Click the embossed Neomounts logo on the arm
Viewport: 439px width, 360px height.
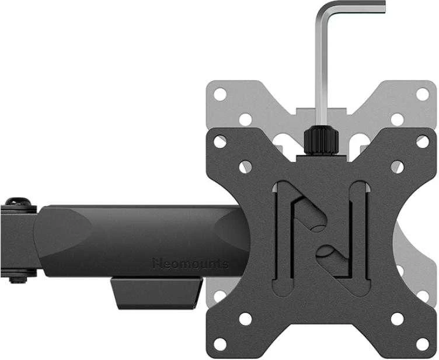click(x=191, y=264)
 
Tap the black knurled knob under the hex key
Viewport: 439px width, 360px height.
click(x=322, y=140)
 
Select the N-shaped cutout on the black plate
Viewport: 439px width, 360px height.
click(x=322, y=238)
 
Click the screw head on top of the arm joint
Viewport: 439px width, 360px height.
click(x=19, y=202)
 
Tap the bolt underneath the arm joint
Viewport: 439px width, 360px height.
click(x=18, y=279)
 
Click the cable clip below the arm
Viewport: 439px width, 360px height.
click(x=157, y=293)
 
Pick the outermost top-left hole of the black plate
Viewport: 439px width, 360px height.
click(x=220, y=142)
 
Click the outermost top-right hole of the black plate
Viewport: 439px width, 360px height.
click(x=423, y=142)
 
